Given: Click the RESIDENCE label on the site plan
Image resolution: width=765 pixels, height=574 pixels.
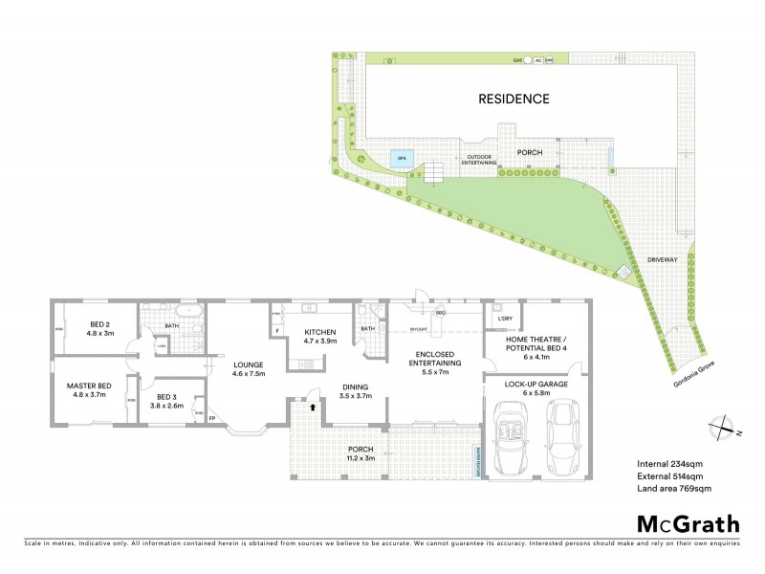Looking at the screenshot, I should (514, 99).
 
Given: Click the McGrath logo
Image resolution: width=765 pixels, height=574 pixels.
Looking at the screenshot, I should (688, 523).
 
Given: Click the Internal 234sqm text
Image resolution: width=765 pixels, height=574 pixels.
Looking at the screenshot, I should (671, 463).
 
